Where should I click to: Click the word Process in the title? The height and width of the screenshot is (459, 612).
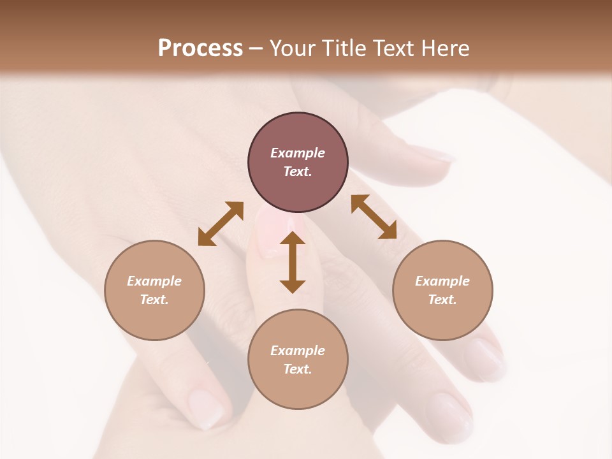tap(200, 48)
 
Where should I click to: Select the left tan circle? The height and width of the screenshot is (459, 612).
tap(154, 290)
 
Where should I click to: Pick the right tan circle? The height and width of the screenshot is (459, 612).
tap(442, 290)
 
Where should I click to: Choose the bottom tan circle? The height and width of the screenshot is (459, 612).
tap(298, 359)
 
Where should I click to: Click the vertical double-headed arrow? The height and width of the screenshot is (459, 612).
tap(293, 262)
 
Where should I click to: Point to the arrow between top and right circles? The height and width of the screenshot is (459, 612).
tap(374, 217)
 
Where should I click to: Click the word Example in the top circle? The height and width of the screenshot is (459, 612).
tap(298, 153)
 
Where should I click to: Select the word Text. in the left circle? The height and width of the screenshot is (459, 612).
tap(154, 300)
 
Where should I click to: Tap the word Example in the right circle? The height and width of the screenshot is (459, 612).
tap(442, 281)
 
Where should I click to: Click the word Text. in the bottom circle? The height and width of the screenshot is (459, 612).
tap(298, 369)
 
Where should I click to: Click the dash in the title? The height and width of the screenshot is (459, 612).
tap(256, 48)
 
